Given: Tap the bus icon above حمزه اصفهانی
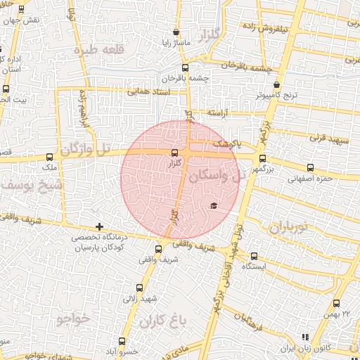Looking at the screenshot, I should [310, 167].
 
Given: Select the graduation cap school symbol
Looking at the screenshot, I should [214, 205].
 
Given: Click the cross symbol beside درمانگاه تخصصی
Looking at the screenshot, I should [100, 227].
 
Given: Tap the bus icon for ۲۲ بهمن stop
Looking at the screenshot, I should [336, 304].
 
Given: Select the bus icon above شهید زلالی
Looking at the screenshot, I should [139, 288].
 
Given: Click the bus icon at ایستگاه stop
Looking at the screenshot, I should [255, 257].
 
